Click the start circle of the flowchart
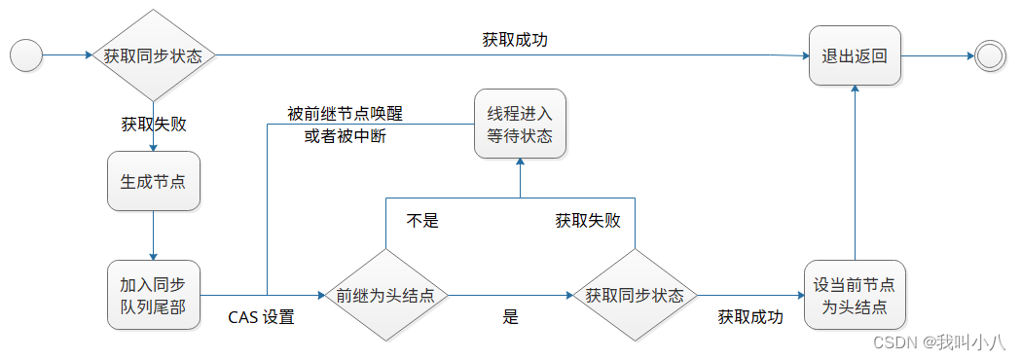pos(26,55)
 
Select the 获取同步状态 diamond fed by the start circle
pos(153,55)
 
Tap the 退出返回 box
pos(855,55)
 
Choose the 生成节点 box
pos(153,181)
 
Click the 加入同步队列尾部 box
pos(153,296)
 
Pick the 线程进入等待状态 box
pos(520,125)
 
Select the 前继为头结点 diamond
pos(385,296)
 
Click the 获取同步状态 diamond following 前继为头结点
pos(635,296)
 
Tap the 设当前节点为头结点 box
pos(855,296)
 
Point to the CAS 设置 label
pos(261,317)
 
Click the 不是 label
pos(422,220)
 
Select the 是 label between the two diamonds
pos(510,317)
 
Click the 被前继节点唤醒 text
pos(345,114)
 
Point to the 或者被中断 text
pos(345,136)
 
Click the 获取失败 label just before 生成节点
pos(153,125)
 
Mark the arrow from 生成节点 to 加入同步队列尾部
pos(153,235)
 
